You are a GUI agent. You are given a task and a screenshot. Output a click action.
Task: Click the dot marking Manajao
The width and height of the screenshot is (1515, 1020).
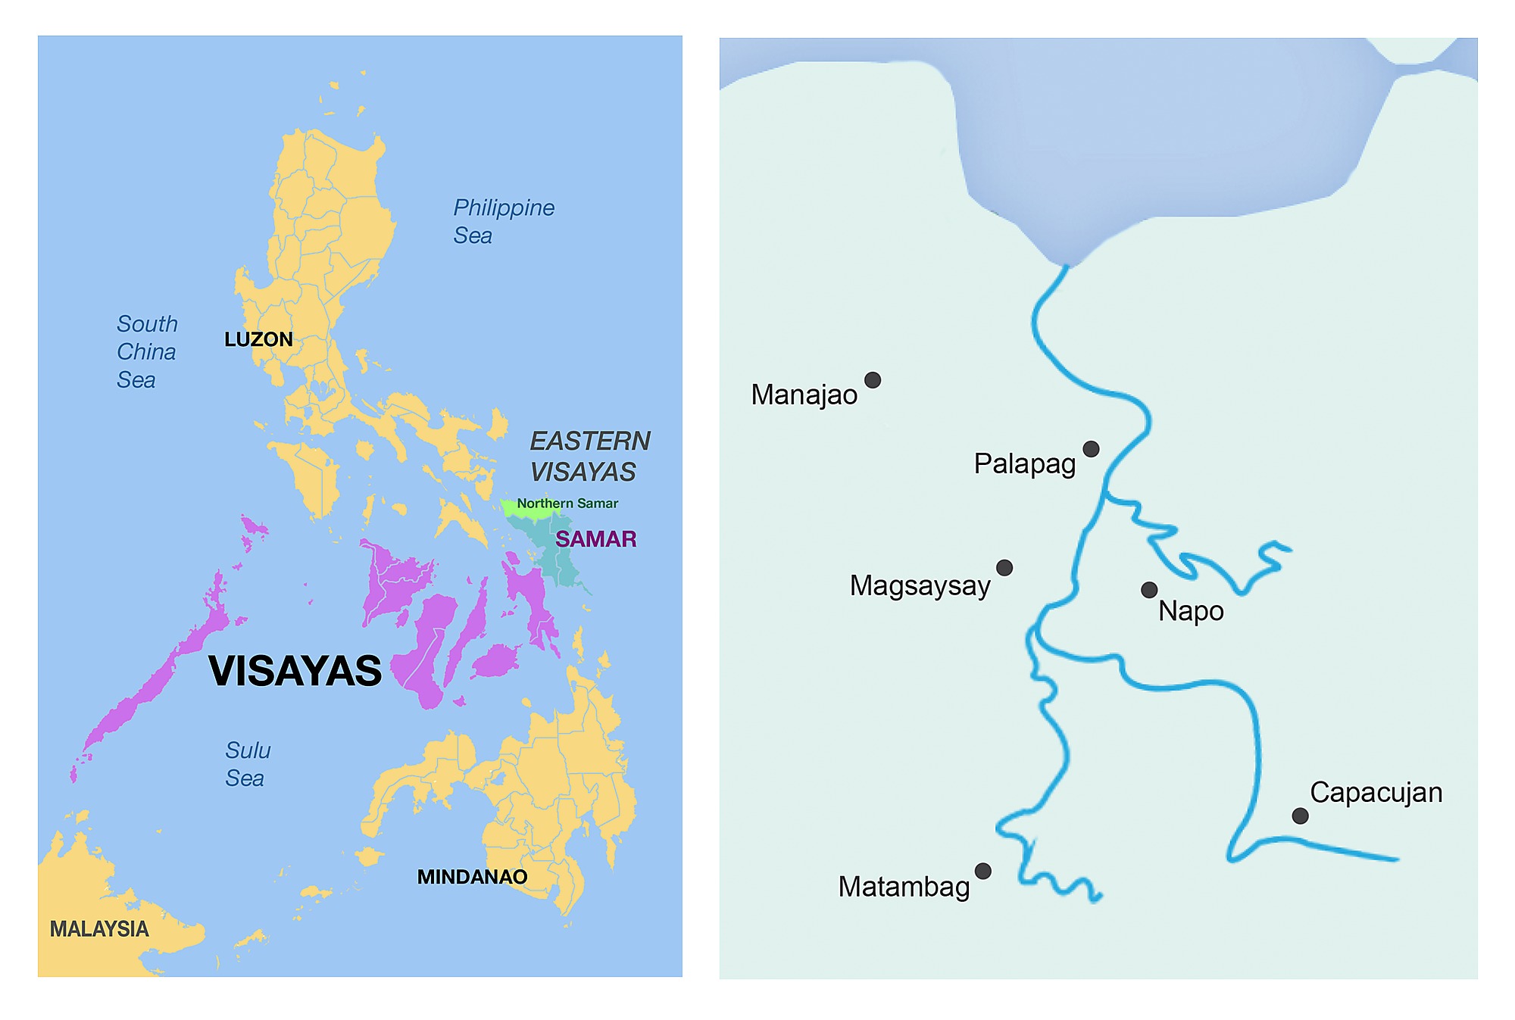click(873, 380)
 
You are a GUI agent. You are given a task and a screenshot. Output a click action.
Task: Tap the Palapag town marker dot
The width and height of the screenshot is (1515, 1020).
click(1091, 449)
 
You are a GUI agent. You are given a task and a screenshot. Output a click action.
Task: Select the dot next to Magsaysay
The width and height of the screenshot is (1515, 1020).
click(1004, 568)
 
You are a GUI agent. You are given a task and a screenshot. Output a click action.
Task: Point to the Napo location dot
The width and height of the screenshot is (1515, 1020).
click(1149, 590)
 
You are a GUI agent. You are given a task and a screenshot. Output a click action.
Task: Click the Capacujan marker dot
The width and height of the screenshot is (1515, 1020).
click(1300, 816)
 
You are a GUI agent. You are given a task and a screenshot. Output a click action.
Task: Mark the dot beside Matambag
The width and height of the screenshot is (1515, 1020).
click(982, 871)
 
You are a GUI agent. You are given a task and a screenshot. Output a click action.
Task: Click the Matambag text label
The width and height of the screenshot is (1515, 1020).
click(904, 887)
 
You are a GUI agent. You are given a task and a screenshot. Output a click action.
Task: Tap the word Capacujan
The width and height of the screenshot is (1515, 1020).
click(1376, 793)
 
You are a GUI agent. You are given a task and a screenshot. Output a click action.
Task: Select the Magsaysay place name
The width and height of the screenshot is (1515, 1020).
click(920, 586)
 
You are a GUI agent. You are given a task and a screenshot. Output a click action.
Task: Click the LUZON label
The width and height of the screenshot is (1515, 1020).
click(258, 339)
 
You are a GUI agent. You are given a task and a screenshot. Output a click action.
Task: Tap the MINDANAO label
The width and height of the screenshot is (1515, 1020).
click(472, 877)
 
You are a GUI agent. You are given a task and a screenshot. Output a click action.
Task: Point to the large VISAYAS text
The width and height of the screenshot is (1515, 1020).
click(295, 671)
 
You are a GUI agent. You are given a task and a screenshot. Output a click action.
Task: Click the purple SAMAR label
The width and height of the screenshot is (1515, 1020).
click(595, 539)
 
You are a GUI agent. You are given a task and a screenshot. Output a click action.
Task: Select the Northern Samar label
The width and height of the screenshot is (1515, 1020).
click(567, 504)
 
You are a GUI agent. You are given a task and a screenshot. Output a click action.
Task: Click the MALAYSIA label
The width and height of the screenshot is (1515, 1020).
click(99, 929)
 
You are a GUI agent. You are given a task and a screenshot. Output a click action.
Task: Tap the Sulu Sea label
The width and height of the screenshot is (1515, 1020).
click(247, 764)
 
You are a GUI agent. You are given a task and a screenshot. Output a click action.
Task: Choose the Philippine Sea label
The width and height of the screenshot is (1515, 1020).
click(503, 221)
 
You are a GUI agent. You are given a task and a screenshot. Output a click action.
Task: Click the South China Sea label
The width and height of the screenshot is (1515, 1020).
click(146, 352)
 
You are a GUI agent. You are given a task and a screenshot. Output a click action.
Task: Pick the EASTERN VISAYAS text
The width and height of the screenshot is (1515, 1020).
click(589, 457)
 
